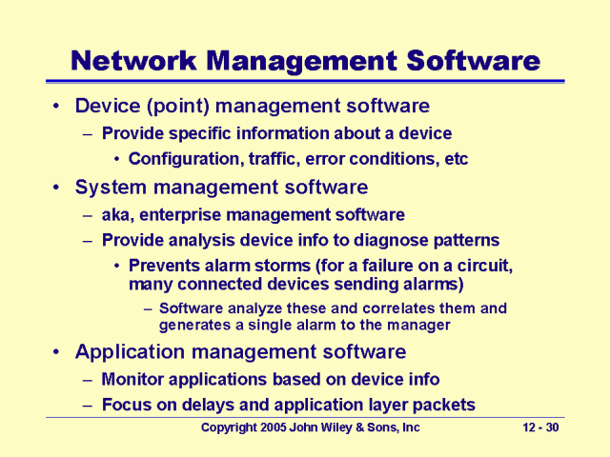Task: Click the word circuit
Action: (x=484, y=267)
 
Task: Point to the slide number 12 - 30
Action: (x=542, y=428)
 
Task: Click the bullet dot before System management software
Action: (x=59, y=188)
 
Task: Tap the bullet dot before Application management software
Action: (x=59, y=352)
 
